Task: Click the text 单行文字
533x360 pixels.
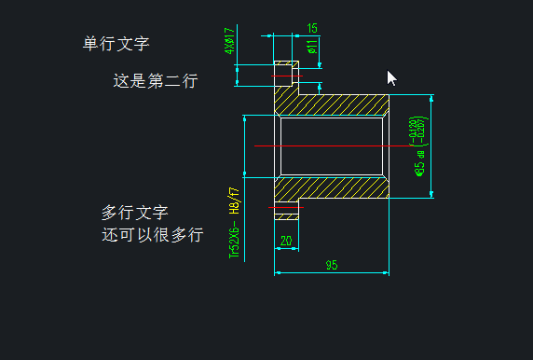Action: (116, 43)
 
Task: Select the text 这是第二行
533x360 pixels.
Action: (155, 81)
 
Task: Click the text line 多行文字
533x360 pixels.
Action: (135, 213)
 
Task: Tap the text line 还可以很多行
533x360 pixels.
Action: (152, 234)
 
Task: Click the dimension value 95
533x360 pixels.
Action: (331, 266)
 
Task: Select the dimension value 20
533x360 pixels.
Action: (285, 241)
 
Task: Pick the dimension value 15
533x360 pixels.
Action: (311, 28)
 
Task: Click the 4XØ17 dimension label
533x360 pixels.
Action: (229, 41)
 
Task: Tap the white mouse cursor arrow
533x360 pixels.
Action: (391, 77)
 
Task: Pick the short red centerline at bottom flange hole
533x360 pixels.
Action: (287, 208)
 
